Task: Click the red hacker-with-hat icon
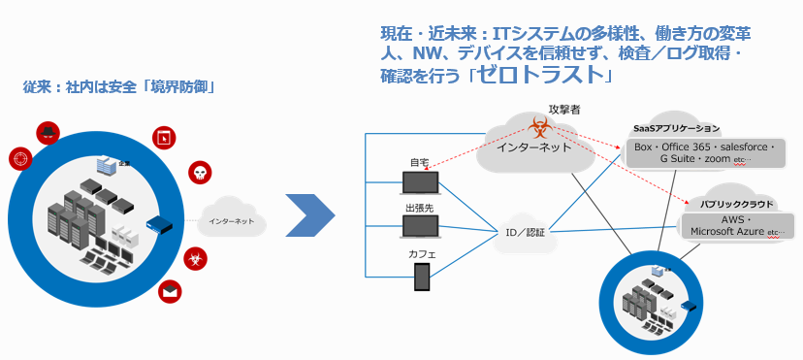click(48, 133)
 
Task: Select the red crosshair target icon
click(19, 158)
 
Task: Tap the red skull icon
click(201, 175)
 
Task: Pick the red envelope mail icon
click(172, 288)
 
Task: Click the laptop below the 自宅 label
click(420, 181)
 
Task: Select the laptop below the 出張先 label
click(420, 228)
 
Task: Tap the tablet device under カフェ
click(422, 277)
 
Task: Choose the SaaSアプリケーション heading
click(676, 127)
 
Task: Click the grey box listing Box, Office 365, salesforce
click(704, 152)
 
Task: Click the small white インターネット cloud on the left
click(232, 221)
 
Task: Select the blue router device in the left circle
click(159, 225)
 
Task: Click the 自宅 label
click(420, 162)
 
